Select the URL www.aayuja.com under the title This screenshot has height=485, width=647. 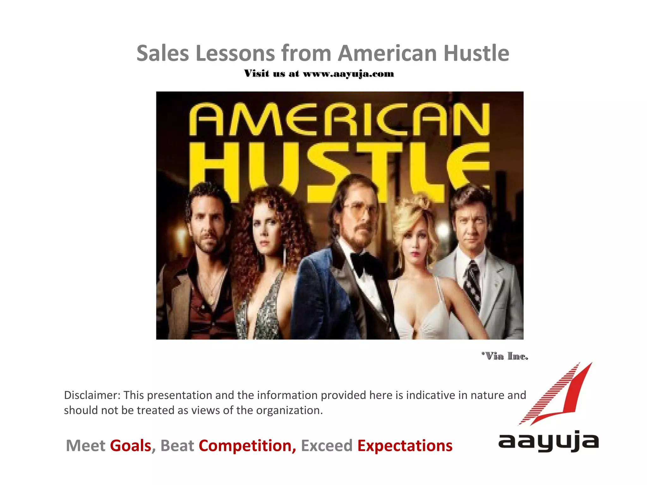coord(348,74)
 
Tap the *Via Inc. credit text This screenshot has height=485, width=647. coord(505,356)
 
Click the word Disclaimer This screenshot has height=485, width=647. coord(92,395)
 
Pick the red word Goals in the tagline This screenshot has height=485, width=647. coord(130,446)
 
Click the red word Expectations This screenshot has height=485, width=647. coord(405,446)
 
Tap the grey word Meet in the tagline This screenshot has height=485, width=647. coord(85,446)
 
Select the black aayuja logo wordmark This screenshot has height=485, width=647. coord(548,441)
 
